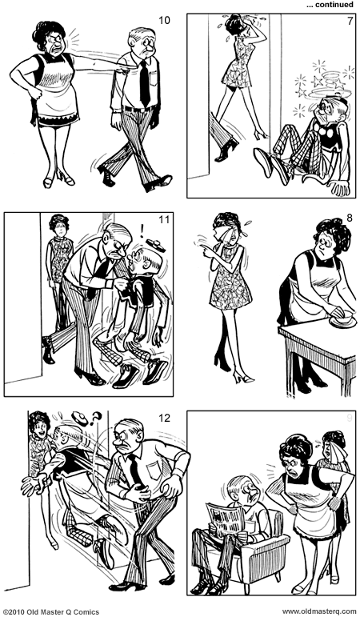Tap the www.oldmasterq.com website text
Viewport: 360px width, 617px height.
click(x=319, y=611)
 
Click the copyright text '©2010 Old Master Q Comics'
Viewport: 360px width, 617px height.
click(x=51, y=611)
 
